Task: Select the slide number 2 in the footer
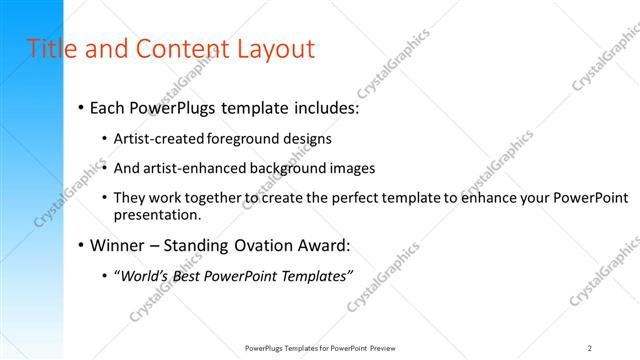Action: [590, 347]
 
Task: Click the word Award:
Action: [328, 245]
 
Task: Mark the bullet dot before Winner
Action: [81, 246]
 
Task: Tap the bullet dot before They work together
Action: [105, 198]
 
